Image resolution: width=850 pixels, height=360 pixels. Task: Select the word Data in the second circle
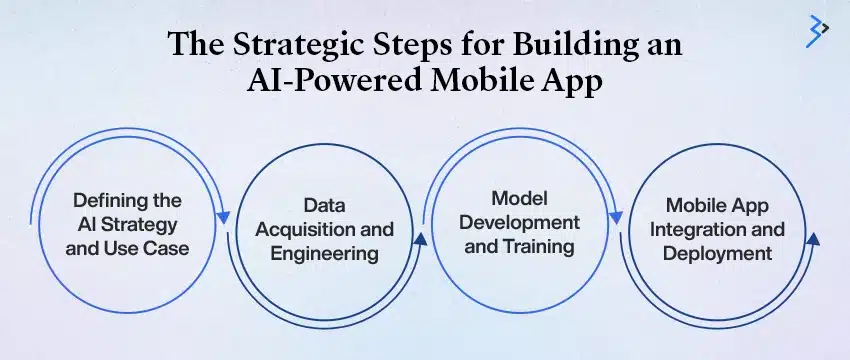point(323,206)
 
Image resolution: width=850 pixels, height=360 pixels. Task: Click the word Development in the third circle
point(522,221)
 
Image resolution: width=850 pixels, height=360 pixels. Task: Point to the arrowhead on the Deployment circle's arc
point(813,239)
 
